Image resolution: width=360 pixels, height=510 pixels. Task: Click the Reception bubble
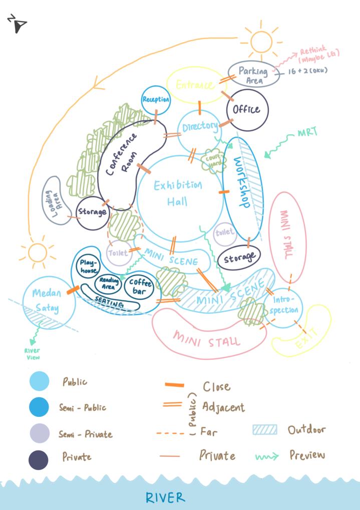(x=156, y=100)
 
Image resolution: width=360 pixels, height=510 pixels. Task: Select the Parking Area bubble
(x=253, y=75)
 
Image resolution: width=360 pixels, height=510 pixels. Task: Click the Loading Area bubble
(x=53, y=198)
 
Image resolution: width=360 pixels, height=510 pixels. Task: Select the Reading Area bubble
(x=109, y=283)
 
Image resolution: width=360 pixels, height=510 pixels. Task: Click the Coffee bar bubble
(x=140, y=286)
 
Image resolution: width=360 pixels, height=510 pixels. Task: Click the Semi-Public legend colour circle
(x=39, y=407)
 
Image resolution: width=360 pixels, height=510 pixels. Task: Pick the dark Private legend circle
(x=39, y=459)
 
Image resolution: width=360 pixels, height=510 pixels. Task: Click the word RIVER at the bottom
(x=165, y=497)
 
